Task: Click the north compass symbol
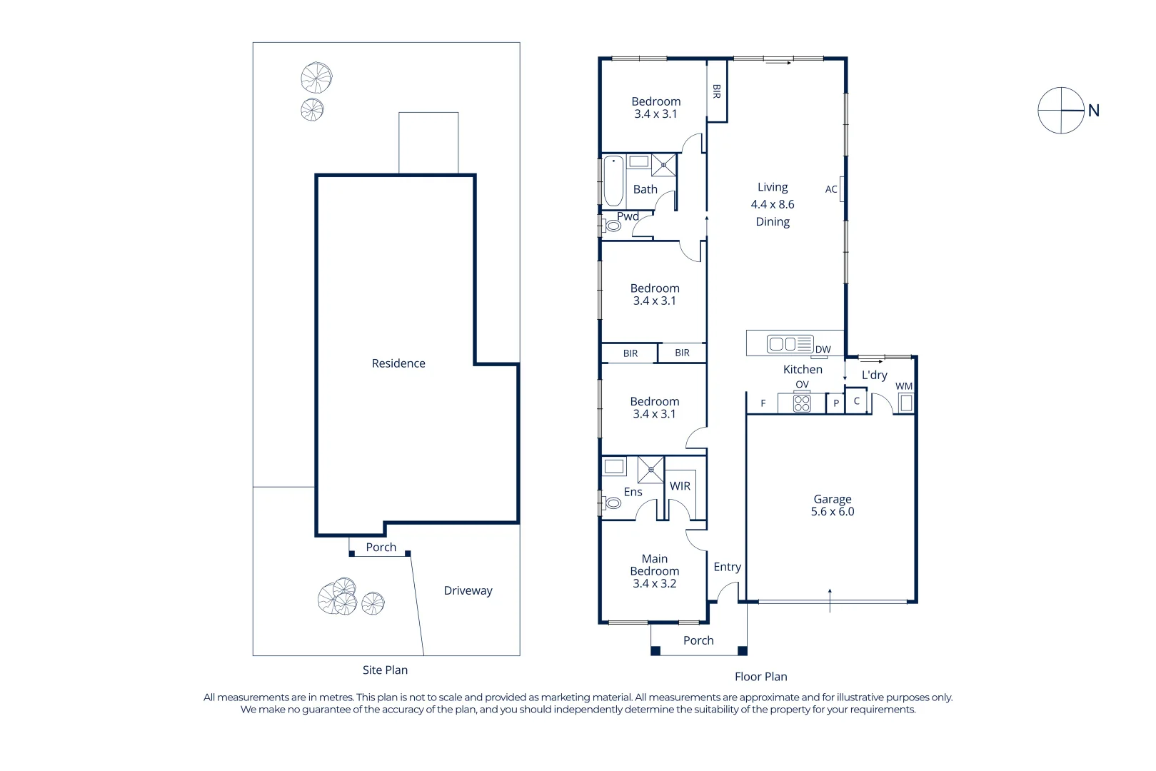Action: pyautogui.click(x=1061, y=111)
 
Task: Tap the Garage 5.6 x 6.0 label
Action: pyautogui.click(x=832, y=505)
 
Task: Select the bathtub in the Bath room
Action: pyautogui.click(x=613, y=181)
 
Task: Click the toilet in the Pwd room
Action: pyautogui.click(x=613, y=226)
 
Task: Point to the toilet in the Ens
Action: pyautogui.click(x=613, y=503)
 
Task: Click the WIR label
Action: pyautogui.click(x=680, y=486)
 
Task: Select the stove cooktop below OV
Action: pyautogui.click(x=802, y=403)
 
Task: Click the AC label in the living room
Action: pyautogui.click(x=831, y=189)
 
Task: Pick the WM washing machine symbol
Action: pyautogui.click(x=906, y=403)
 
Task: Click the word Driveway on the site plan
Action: pyautogui.click(x=468, y=590)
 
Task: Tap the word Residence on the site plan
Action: pyautogui.click(x=398, y=363)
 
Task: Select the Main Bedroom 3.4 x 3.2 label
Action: pyautogui.click(x=654, y=571)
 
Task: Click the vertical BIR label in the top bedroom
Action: pyautogui.click(x=716, y=91)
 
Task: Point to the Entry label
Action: pyautogui.click(x=727, y=567)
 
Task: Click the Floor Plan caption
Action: pyautogui.click(x=760, y=677)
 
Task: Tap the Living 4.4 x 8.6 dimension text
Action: pyautogui.click(x=772, y=204)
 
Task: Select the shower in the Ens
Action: pyautogui.click(x=650, y=470)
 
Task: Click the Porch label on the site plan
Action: pyautogui.click(x=381, y=548)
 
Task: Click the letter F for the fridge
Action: pyautogui.click(x=763, y=403)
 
